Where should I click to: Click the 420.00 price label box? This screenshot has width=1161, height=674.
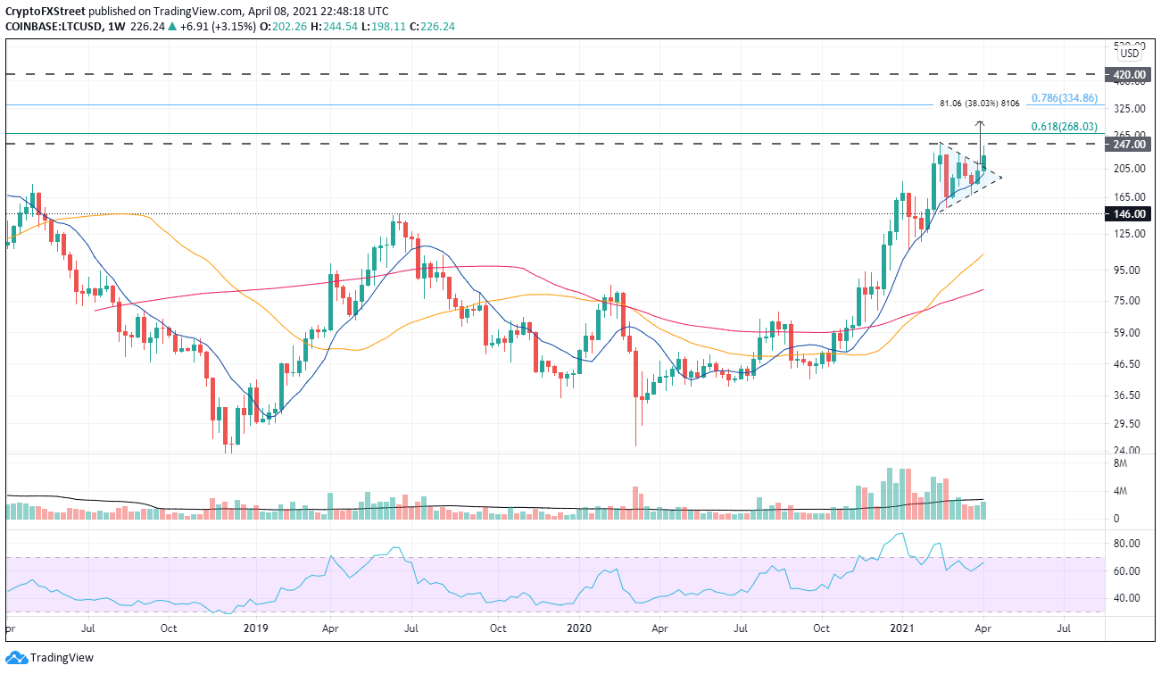(1129, 75)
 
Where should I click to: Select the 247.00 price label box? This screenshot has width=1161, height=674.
(1129, 144)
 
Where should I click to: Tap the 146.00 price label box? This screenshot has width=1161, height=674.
(1129, 214)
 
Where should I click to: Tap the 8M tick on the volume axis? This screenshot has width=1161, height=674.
(1121, 463)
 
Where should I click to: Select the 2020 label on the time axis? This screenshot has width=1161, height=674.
(576, 628)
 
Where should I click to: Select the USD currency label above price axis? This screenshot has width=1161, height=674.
(1129, 53)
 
